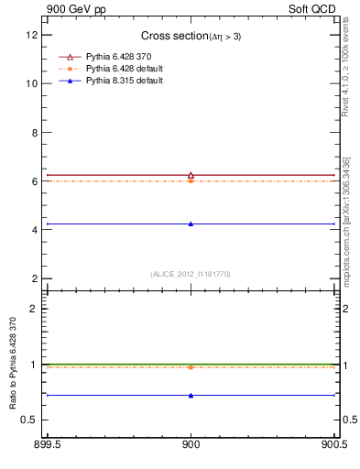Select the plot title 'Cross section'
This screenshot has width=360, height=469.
174,36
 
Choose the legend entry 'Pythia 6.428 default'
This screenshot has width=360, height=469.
125,69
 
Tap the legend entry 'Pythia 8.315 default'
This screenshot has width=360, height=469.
125,81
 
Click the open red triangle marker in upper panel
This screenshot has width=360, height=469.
191,174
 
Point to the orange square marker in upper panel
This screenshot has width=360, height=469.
191,181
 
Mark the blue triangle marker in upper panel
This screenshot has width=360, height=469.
191,224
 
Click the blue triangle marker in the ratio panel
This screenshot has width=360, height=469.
191,396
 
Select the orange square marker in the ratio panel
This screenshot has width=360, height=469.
191,367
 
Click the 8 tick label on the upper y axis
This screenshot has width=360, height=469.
34,132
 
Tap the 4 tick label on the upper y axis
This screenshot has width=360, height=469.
34,230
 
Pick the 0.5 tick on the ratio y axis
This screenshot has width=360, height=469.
29,420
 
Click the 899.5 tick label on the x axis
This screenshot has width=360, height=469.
48,446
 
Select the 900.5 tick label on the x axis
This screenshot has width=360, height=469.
333,446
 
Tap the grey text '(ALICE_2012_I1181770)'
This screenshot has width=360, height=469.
191,274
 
